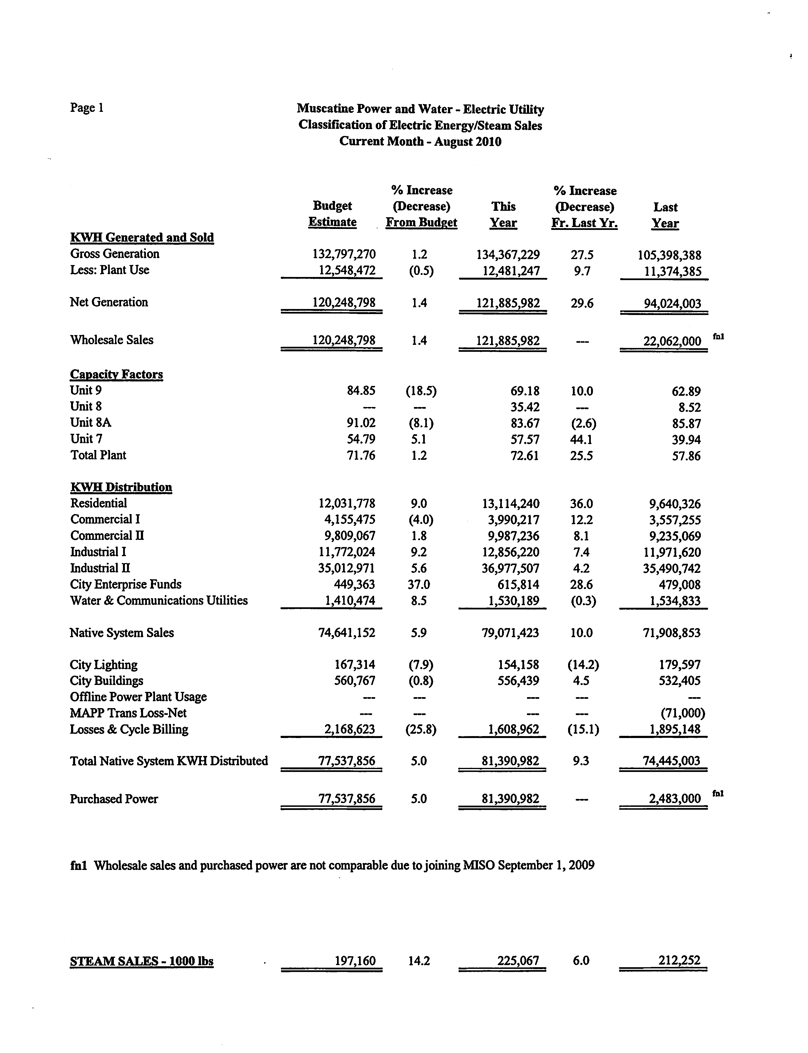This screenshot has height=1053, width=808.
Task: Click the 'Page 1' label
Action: pos(87,108)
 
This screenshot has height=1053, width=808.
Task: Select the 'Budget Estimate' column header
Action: pos(332,214)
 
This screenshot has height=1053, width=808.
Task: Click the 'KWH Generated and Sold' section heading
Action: pos(142,237)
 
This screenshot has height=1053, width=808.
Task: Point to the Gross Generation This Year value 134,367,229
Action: pos(508,255)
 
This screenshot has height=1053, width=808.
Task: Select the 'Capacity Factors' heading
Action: pos(116,375)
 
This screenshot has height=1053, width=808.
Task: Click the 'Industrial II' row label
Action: pos(100,568)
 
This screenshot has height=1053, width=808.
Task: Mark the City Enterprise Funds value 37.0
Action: pos(419,584)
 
